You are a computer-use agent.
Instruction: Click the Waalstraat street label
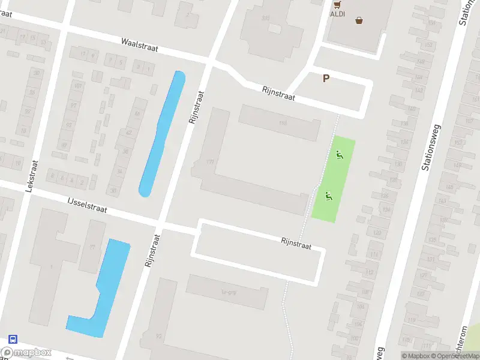coord(139,45)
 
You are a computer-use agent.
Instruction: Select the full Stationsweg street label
coord(431,147)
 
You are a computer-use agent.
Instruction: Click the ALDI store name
coord(337,13)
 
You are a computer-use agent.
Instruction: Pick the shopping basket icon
coord(359,20)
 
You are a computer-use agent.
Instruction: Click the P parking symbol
coord(326,78)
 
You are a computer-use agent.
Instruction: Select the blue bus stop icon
coord(13,339)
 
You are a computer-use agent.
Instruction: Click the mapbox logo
coord(26,353)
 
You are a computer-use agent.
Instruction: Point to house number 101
coord(77,86)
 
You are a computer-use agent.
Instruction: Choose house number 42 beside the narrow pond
coord(128,133)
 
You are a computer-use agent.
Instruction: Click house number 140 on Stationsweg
coord(412,109)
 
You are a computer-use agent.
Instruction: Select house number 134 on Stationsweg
coord(404,142)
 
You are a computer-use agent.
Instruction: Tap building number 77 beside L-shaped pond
coord(92,247)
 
